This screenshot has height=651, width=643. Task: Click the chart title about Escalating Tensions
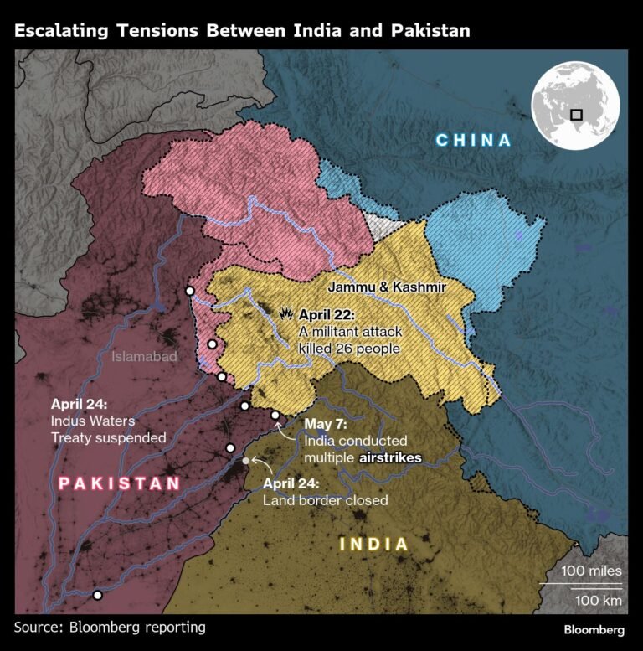click(x=242, y=31)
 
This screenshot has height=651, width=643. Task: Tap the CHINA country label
click(x=473, y=140)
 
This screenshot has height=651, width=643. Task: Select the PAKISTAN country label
click(x=119, y=483)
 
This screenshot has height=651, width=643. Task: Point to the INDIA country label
click(x=374, y=545)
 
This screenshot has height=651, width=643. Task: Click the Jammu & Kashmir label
click(x=386, y=287)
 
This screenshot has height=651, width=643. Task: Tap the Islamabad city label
click(x=145, y=357)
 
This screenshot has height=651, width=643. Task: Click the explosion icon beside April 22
click(x=286, y=314)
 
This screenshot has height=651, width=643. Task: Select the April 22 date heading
click(x=327, y=315)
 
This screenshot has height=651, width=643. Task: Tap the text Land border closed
click(x=325, y=500)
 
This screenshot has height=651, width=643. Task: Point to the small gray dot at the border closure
click(x=244, y=461)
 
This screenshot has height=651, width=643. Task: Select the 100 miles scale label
click(x=591, y=571)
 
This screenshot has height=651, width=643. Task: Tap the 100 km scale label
click(x=598, y=600)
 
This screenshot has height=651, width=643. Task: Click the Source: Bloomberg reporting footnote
click(x=110, y=627)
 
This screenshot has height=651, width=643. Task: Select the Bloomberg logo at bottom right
click(x=594, y=628)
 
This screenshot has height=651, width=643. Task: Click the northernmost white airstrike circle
click(x=190, y=291)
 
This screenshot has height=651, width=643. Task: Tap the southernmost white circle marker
click(x=98, y=595)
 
